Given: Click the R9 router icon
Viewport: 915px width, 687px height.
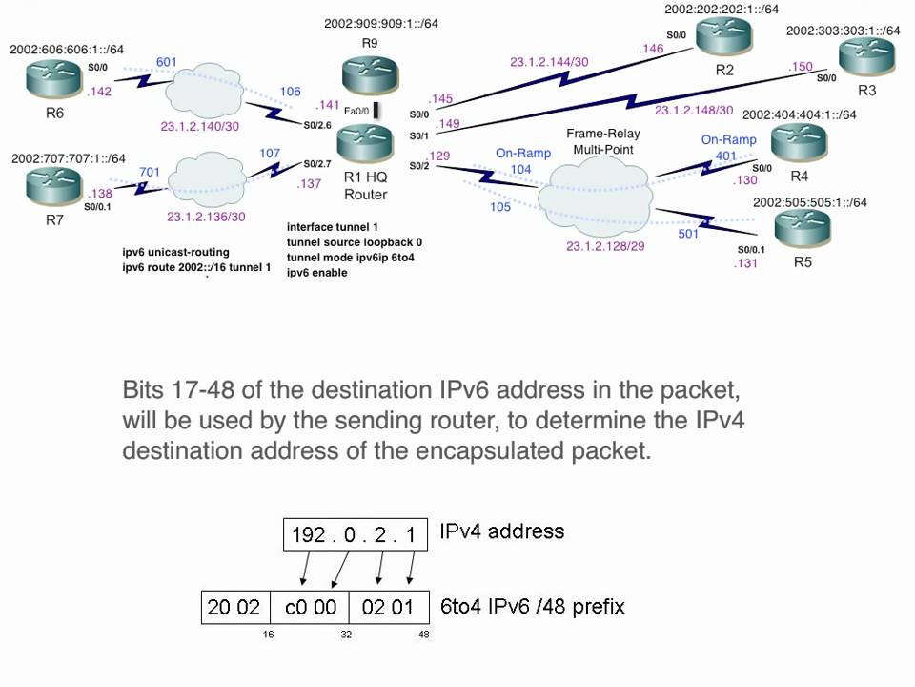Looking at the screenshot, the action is [x=370, y=73].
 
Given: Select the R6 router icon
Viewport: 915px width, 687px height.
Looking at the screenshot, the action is [x=54, y=79].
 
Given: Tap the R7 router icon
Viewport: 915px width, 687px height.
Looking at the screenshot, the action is [x=54, y=186].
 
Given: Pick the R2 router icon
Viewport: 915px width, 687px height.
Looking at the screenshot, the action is [x=723, y=34].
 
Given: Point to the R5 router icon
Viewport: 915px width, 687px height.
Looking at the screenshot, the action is [x=803, y=227].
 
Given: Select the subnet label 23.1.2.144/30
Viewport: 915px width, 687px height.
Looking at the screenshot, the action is [x=549, y=62].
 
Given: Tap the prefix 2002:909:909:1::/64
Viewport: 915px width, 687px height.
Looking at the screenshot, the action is [x=381, y=23].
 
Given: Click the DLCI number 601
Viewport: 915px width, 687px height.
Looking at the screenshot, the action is [x=166, y=62].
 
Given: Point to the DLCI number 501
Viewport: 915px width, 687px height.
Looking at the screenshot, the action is [x=688, y=234].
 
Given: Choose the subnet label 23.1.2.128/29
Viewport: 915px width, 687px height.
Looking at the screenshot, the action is [x=605, y=246].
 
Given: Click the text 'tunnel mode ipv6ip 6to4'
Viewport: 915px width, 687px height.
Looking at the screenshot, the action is [x=350, y=258].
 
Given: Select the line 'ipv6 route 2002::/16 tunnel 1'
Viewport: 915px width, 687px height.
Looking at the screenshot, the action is [x=196, y=267].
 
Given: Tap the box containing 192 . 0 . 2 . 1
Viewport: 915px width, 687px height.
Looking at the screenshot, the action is [x=356, y=534].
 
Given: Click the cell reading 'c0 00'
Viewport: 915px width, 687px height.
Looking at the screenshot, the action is [x=310, y=608].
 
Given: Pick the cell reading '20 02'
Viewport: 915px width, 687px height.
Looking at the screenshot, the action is [x=235, y=608].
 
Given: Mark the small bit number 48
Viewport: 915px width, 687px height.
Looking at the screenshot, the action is [x=423, y=634].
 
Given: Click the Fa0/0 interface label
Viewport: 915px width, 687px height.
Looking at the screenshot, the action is [x=356, y=111].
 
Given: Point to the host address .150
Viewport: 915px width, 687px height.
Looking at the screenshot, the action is [x=800, y=67].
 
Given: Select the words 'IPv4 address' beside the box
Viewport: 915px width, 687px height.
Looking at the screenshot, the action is [x=502, y=531].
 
